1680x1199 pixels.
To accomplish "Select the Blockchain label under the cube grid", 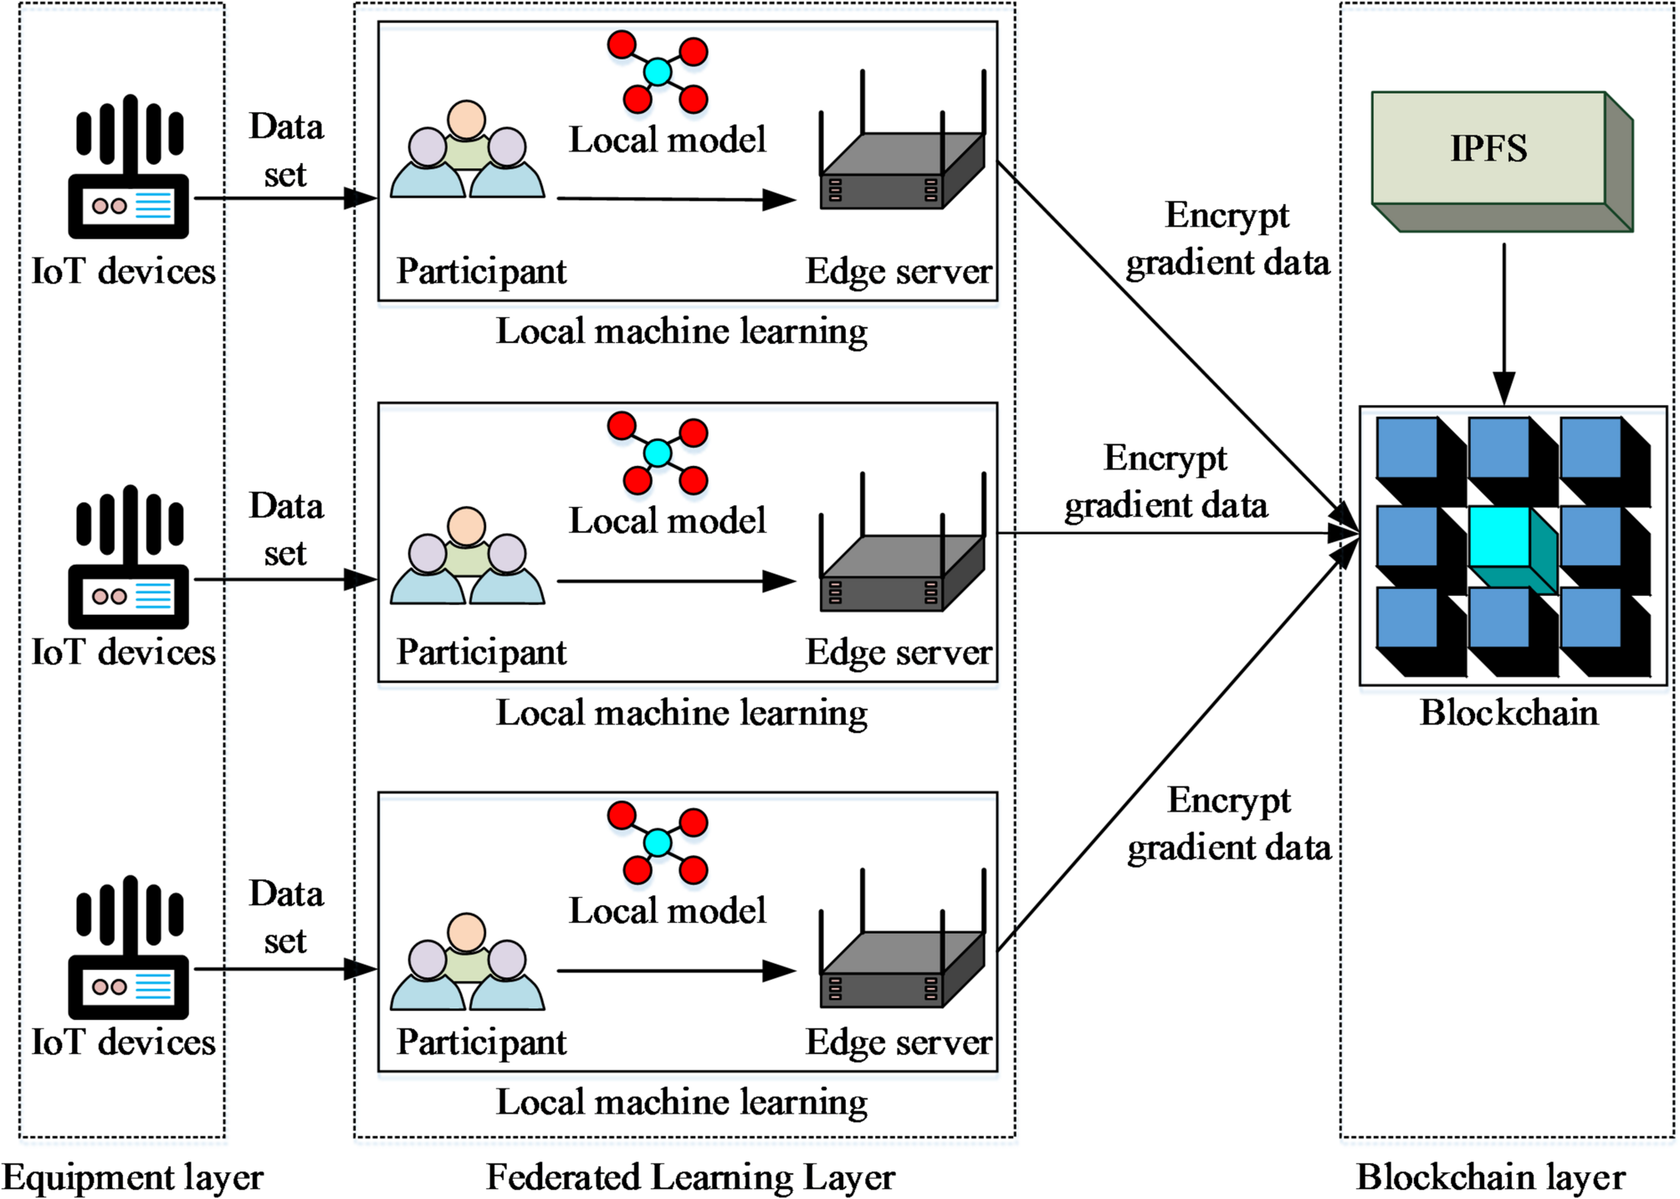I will coord(1508,713).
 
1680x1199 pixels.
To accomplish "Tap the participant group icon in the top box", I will coord(467,151).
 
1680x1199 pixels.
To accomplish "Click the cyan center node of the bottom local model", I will coord(658,842).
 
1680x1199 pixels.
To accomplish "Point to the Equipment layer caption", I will coord(132,1177).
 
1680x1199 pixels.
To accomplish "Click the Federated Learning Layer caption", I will coord(690,1177).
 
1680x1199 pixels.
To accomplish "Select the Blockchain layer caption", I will coord(1490,1177).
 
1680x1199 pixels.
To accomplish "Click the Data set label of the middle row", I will coord(285,529).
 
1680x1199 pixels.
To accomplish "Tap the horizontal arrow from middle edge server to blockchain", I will coord(1171,533).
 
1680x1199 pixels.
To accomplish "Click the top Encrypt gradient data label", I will coord(1227,238).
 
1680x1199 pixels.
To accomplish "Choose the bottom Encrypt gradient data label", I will coord(1228,823).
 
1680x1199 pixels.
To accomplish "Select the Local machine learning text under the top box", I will coord(681,331).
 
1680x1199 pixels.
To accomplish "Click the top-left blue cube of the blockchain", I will coord(1407,448).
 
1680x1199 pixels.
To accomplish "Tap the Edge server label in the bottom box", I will coord(898,1043).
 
